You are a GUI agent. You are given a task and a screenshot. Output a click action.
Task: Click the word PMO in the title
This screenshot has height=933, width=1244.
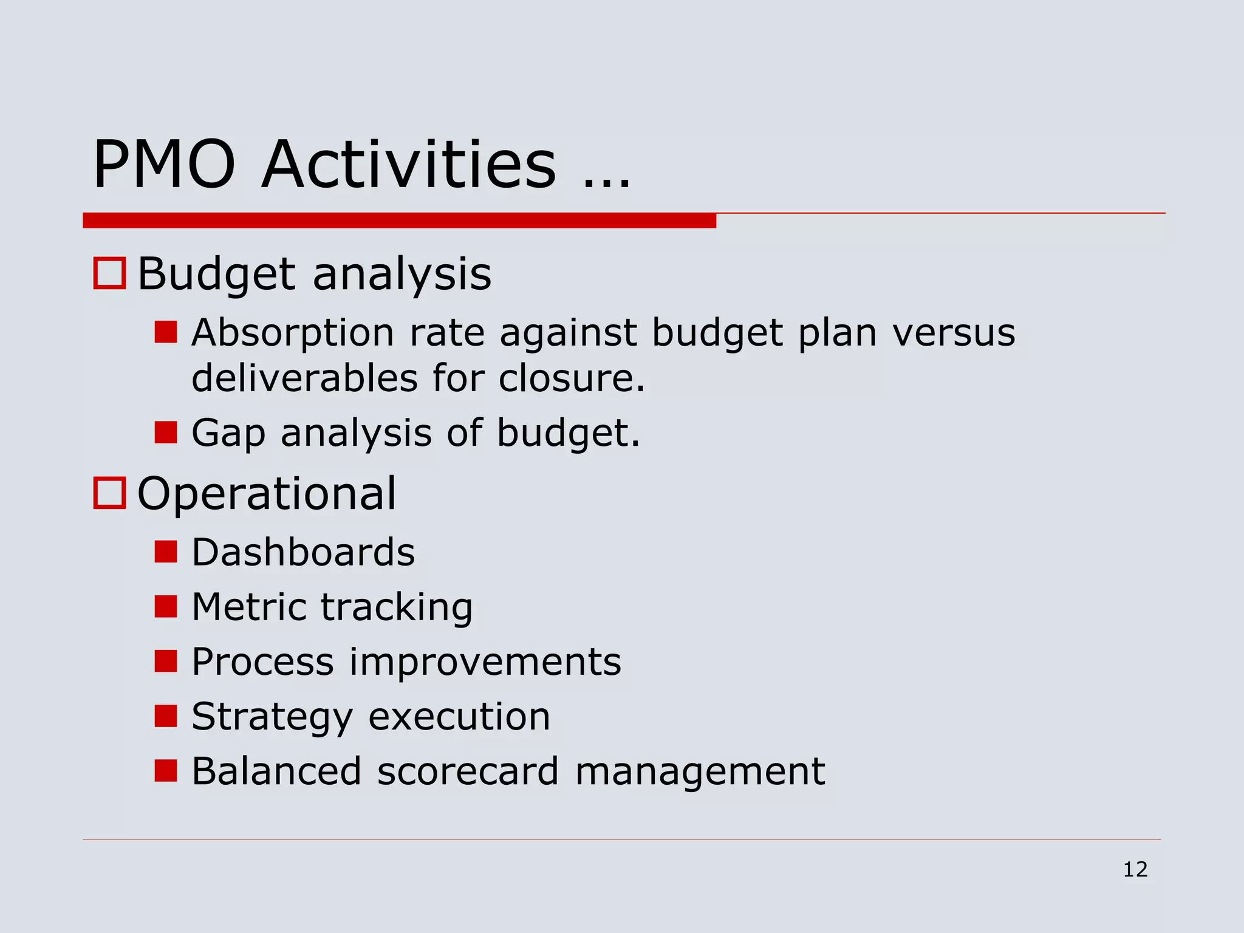click(164, 165)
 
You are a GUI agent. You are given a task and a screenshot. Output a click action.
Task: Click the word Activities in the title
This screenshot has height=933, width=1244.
click(408, 165)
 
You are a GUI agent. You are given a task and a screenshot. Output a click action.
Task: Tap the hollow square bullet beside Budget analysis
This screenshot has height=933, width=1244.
click(109, 273)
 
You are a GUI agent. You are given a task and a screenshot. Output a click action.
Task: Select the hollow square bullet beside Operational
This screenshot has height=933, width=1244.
click(109, 493)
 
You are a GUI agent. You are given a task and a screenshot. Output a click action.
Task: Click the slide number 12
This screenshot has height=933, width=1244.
click(1135, 869)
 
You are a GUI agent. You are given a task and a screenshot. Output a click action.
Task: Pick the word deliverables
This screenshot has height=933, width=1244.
click(304, 378)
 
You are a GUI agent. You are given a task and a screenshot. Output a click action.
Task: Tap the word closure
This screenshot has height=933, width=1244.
click(571, 378)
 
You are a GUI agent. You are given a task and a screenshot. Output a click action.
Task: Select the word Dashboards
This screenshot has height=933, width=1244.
click(303, 552)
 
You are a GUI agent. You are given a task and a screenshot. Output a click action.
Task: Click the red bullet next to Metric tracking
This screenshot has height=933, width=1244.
click(165, 606)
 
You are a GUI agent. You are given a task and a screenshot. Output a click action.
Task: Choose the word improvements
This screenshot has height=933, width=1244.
click(485, 661)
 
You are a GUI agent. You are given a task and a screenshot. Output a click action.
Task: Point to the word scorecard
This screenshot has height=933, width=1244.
click(467, 771)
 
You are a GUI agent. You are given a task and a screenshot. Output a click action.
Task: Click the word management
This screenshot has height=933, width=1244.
click(700, 771)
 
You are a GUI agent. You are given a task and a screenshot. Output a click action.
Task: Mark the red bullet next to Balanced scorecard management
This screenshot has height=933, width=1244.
click(165, 770)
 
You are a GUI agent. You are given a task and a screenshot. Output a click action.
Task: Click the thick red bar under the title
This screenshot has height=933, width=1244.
click(399, 220)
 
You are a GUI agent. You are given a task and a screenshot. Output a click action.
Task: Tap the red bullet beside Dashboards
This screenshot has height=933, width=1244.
click(165, 552)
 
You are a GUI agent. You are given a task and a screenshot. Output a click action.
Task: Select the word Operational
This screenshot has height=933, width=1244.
click(266, 494)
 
